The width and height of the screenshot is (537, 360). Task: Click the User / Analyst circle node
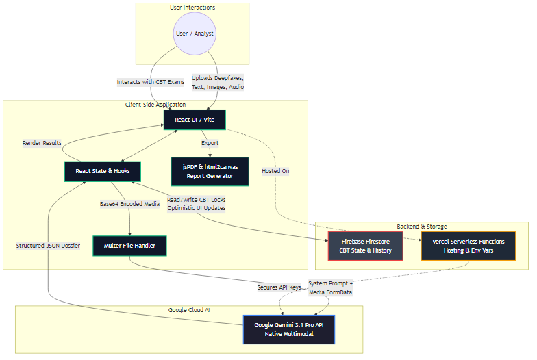pos(192,33)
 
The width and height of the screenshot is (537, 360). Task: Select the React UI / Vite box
pos(194,120)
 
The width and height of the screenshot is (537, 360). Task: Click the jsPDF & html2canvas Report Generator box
pos(211,171)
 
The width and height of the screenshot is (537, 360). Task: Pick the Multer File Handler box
pos(129,245)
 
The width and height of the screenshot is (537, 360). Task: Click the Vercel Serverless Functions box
pos(469,245)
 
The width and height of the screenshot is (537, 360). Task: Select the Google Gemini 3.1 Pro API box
pos(288,329)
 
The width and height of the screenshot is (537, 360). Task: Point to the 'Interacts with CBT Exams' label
pos(151,82)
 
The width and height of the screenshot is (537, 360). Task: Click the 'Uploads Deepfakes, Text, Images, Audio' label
pos(218,82)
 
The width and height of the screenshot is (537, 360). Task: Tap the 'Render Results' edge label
pos(42,143)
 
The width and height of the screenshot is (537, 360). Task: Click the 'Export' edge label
pos(210,143)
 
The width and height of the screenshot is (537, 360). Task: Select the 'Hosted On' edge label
pos(275,171)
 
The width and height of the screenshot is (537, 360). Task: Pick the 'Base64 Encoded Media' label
pos(129,203)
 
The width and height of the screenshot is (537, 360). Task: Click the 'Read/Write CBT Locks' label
pos(196,200)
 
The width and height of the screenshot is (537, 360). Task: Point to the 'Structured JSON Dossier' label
pos(48,245)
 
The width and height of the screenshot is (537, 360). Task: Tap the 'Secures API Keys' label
pos(279,287)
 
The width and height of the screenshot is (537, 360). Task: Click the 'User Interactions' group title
pos(192,8)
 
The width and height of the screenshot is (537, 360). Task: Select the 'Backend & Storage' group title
pos(421,227)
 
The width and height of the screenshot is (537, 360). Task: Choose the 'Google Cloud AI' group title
pos(189,310)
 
